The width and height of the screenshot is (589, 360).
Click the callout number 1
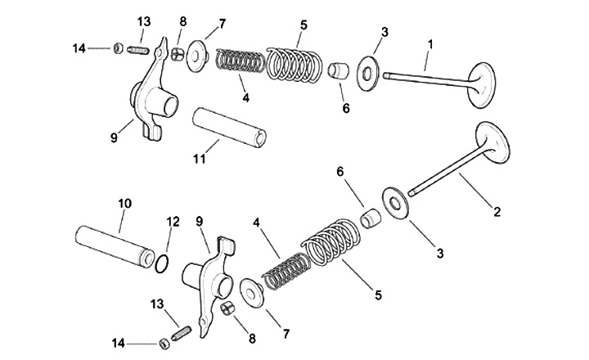[x=431, y=43]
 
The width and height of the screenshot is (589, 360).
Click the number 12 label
[x=173, y=221]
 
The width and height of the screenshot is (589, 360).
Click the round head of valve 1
[x=481, y=87]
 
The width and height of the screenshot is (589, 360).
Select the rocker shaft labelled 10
[x=114, y=241]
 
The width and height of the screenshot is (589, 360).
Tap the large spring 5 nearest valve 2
[x=333, y=243]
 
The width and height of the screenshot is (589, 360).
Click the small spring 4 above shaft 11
[x=240, y=61]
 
